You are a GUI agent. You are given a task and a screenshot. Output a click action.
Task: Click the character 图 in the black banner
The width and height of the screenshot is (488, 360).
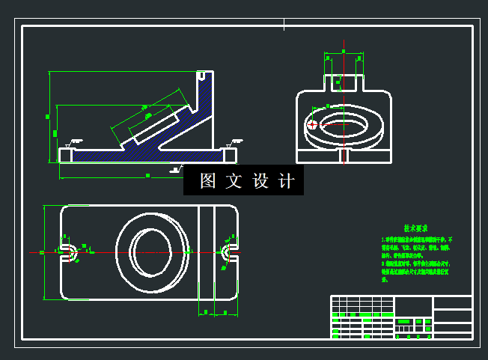208,181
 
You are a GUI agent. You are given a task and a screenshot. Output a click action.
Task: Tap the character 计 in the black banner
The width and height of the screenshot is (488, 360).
287,181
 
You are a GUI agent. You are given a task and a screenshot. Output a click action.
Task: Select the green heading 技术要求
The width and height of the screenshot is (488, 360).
415,228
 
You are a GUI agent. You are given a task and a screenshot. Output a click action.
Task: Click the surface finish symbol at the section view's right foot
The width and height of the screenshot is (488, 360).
235,141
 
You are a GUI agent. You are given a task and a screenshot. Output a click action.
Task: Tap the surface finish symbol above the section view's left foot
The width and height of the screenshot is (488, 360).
73,142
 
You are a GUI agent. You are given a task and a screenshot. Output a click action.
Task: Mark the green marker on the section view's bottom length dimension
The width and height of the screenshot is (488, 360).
147,175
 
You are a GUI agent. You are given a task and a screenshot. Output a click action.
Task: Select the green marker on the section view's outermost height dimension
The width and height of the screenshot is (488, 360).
47,117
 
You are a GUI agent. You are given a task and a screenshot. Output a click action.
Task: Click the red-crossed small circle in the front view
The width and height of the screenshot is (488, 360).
314,124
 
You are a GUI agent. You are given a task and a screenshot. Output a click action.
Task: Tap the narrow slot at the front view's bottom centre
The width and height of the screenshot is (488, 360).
343,156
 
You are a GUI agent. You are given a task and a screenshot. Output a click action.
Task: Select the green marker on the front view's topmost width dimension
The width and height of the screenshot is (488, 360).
343,52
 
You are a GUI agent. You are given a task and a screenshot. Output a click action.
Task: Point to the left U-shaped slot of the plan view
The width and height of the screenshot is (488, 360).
67,251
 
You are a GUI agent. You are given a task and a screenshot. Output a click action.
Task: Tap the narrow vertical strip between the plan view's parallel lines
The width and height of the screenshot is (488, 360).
206,251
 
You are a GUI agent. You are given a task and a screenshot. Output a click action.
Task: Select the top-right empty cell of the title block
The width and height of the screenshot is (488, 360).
452,302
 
